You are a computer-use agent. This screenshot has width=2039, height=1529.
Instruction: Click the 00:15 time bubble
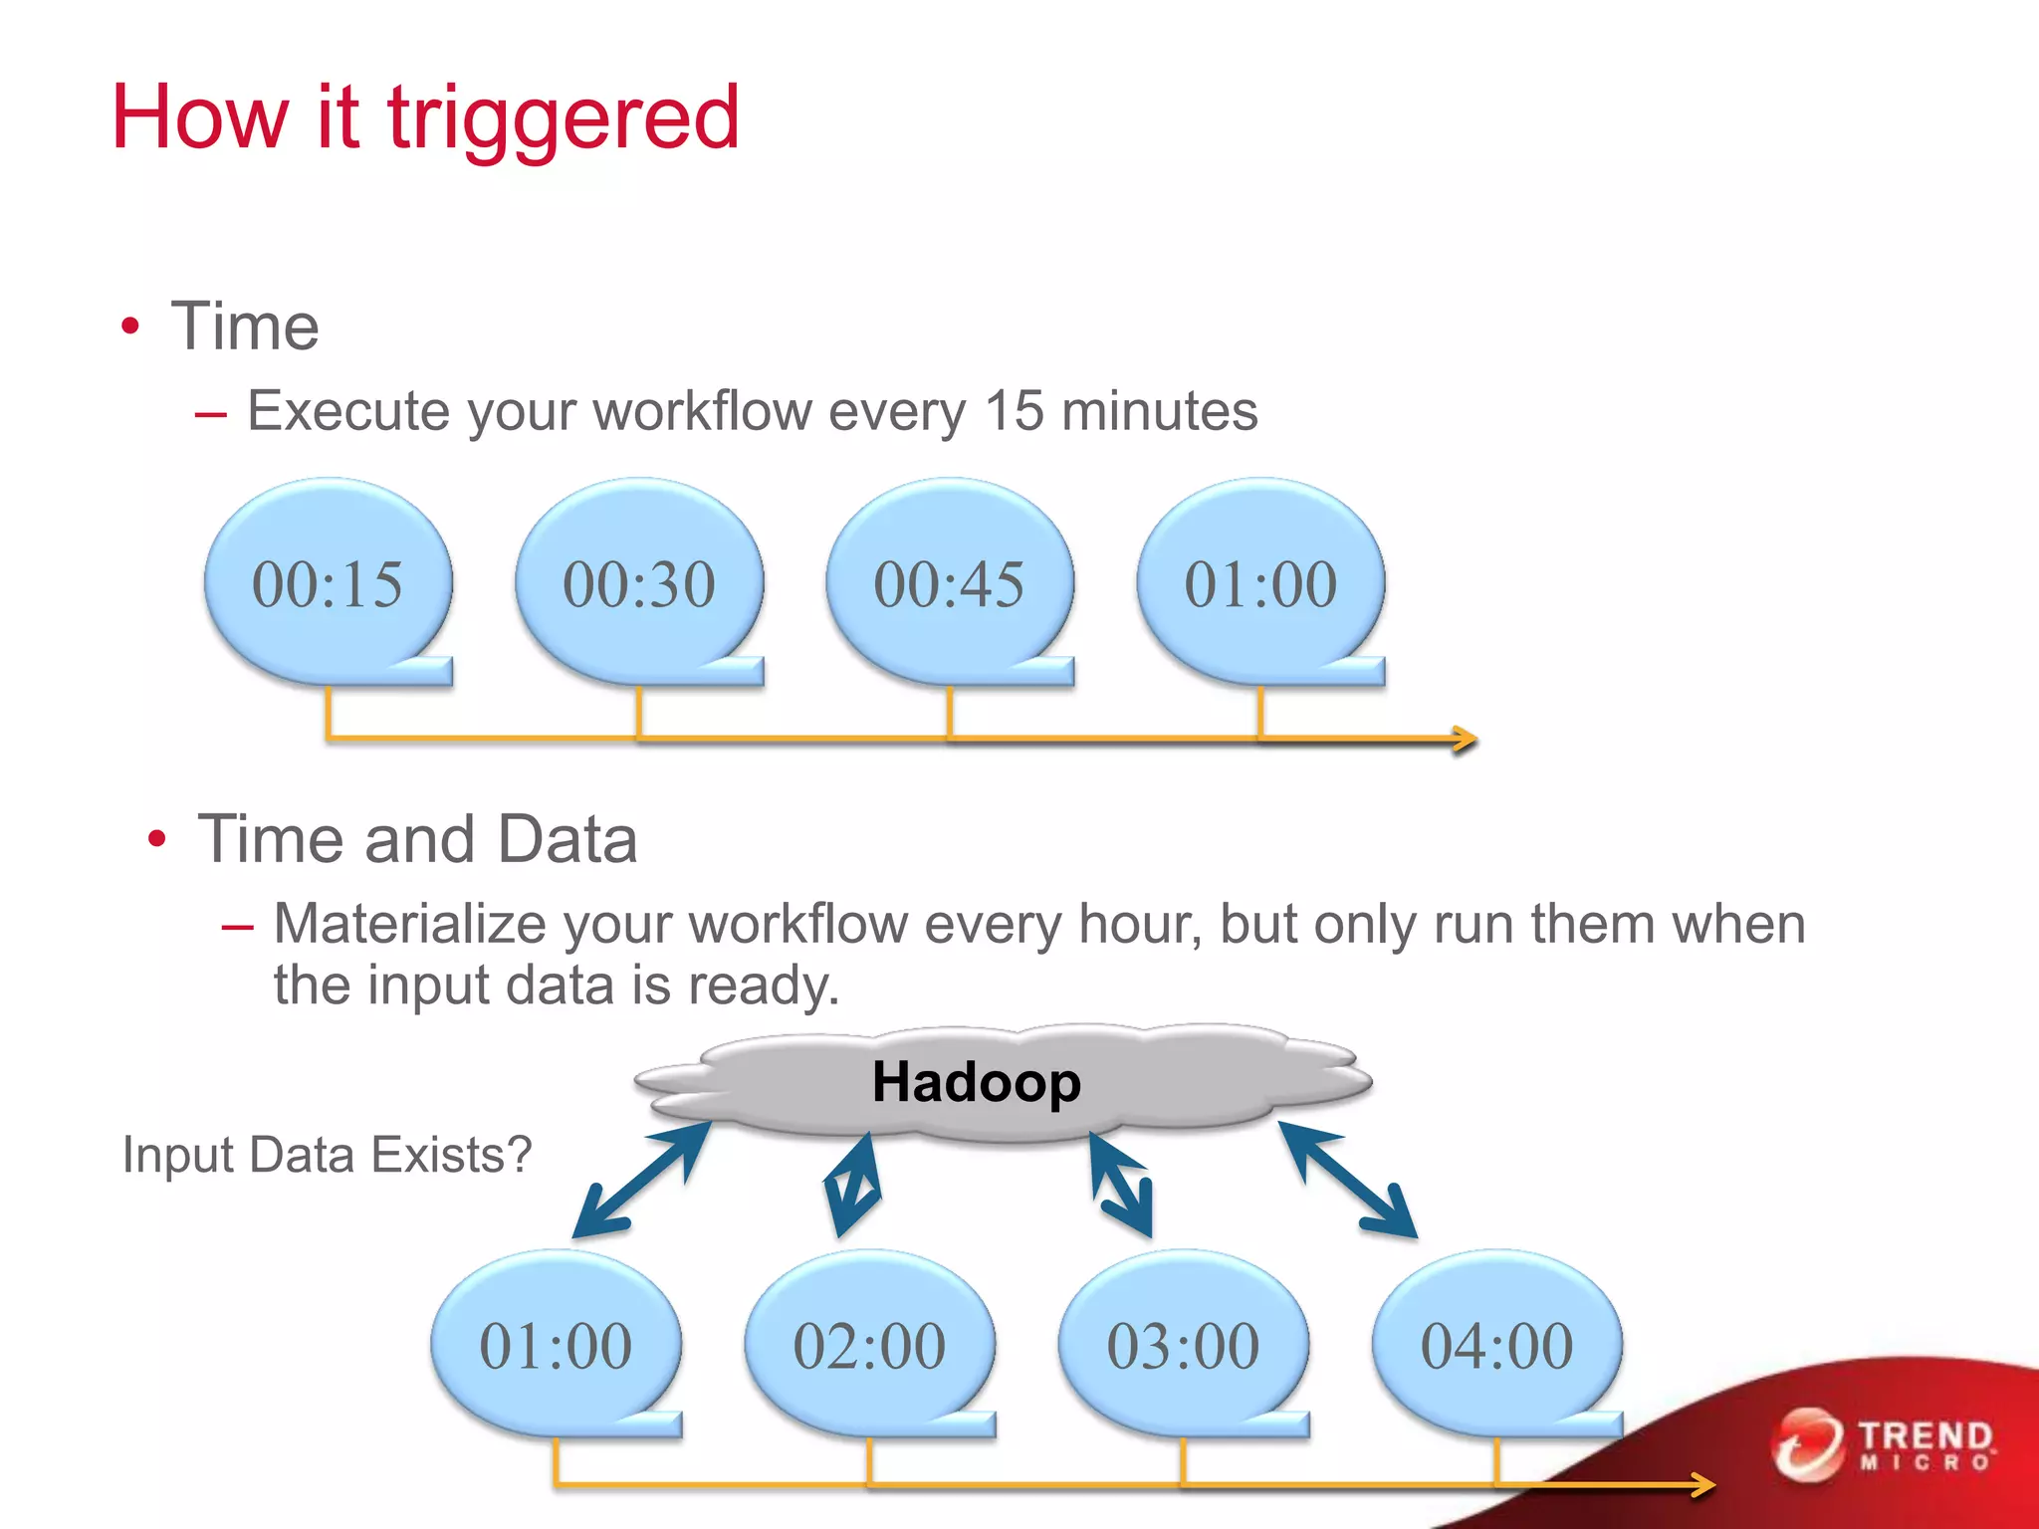pos(328,583)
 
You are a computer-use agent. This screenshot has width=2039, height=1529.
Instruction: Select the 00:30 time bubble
pos(638,583)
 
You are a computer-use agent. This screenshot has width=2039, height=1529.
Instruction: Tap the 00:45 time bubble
pos(949,583)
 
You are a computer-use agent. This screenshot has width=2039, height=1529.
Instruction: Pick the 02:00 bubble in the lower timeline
pos(869,1346)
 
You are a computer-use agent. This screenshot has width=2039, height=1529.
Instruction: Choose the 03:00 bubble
pos(1183,1346)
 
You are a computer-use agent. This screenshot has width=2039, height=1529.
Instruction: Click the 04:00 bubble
pos(1496,1346)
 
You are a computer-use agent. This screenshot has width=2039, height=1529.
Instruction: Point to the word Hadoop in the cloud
pos(976,1082)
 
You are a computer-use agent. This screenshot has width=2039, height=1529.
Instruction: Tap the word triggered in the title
pos(563,119)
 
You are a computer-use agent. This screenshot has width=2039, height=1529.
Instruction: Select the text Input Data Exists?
pos(327,1156)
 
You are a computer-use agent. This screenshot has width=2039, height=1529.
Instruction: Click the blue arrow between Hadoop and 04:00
pos(1347,1180)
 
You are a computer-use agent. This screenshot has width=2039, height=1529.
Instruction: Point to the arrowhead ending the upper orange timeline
pos(1465,739)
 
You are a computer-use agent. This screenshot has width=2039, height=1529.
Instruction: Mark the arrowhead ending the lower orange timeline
pos(1702,1486)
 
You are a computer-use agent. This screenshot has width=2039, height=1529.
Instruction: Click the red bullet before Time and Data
pos(156,839)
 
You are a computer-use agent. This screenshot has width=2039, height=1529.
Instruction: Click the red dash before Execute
pos(211,414)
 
